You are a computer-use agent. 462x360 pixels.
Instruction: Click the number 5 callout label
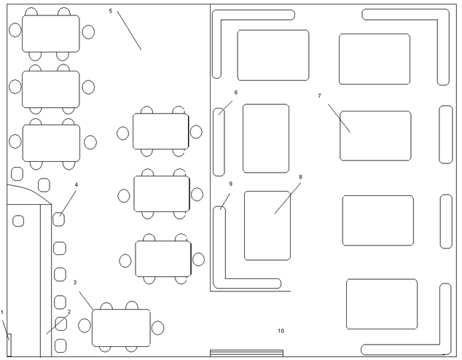tap(110, 12)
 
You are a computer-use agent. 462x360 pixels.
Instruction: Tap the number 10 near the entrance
tap(281, 331)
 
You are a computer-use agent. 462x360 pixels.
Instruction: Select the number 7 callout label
tap(319, 95)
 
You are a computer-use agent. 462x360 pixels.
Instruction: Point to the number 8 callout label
tap(300, 176)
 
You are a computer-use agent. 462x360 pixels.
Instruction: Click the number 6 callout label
tap(236, 93)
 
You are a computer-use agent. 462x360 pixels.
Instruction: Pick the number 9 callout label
tap(230, 184)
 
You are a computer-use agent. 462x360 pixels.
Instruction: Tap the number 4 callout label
tap(76, 184)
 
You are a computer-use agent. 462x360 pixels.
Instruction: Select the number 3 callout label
tap(75, 282)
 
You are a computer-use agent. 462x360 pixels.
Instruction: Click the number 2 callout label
tap(68, 312)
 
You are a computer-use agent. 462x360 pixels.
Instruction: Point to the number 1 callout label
tap(2, 313)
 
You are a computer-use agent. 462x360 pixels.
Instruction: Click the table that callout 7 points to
tap(375, 136)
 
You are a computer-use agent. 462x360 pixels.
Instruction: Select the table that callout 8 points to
tap(267, 225)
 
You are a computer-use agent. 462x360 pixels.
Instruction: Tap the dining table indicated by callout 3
tap(121, 327)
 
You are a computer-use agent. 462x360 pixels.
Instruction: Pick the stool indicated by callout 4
tap(59, 218)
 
